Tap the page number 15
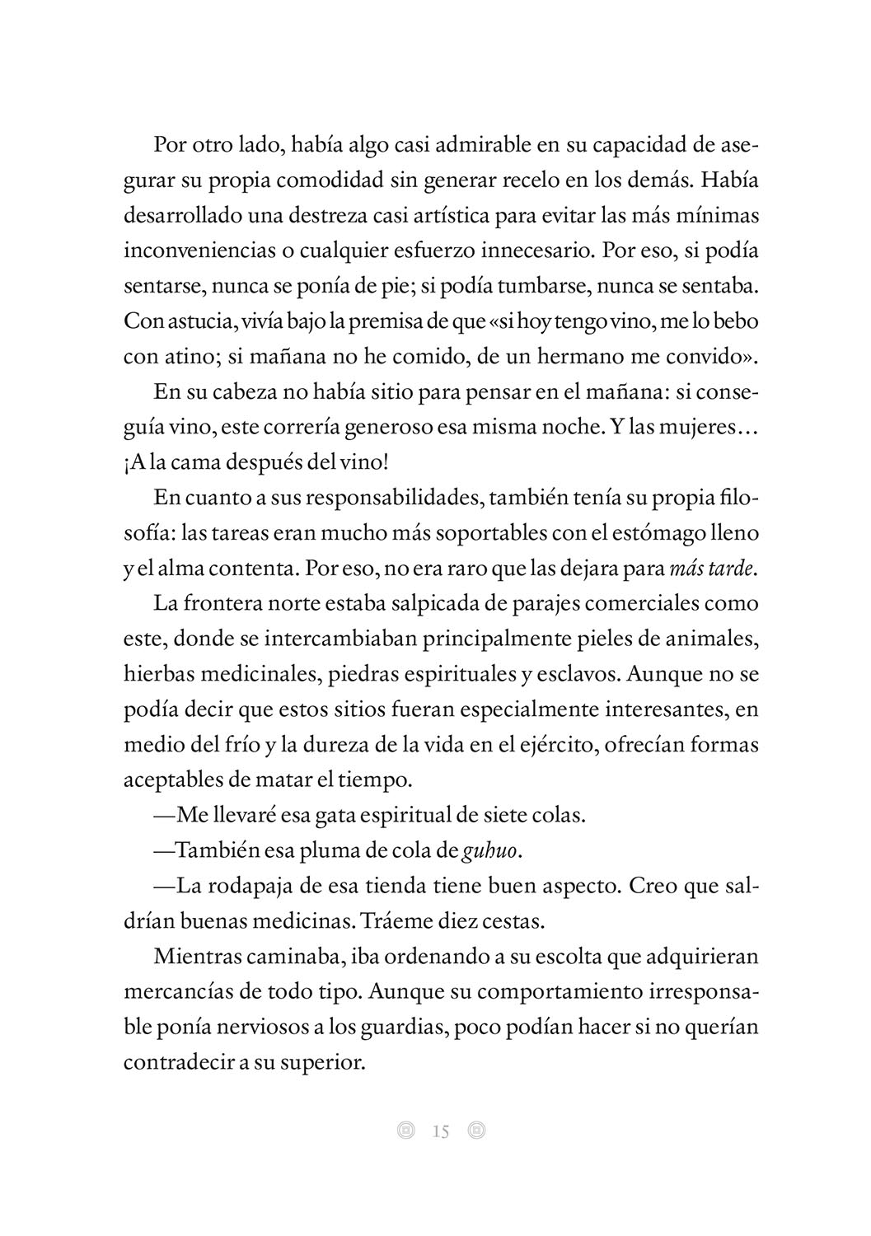coord(441,1131)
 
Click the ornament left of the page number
coord(405,1131)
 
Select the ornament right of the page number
coord(476,1131)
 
